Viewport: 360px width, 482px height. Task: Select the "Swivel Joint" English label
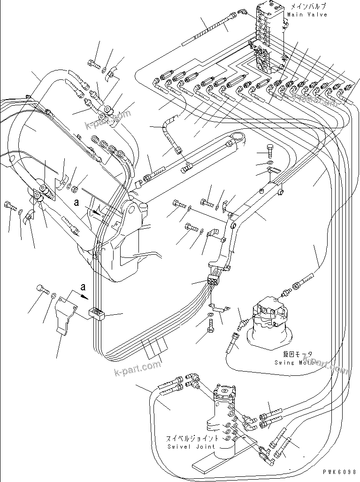pos(191,446)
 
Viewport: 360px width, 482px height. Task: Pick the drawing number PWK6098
pos(340,471)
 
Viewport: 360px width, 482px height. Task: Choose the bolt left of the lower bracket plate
pos(43,290)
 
